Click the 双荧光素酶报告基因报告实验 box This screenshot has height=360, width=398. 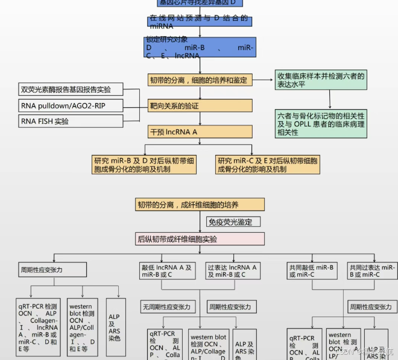pyautogui.click(x=74, y=90)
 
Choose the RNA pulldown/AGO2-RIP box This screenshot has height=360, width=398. pyautogui.click(x=74, y=106)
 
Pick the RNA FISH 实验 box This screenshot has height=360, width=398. pyautogui.click(x=74, y=121)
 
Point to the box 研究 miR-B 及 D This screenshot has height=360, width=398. pyautogui.click(x=144, y=165)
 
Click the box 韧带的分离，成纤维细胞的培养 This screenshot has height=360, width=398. pyautogui.click(x=200, y=204)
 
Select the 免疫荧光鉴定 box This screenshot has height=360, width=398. pyautogui.click(x=233, y=222)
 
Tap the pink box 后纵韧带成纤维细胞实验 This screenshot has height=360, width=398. pyautogui.click(x=200, y=239)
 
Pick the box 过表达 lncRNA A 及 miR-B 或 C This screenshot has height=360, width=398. pyautogui.click(x=232, y=271)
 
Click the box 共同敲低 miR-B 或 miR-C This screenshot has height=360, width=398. pyautogui.click(x=312, y=271)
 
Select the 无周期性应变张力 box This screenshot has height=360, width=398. pyautogui.click(x=166, y=307)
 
